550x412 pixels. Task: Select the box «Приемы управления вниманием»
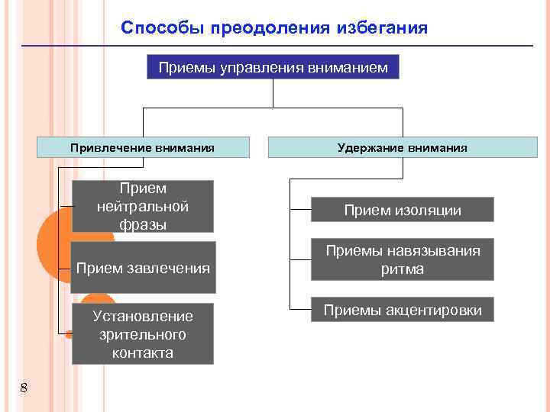click(x=273, y=68)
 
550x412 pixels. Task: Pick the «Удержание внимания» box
click(x=403, y=147)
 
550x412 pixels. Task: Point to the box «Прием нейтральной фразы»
click(x=143, y=206)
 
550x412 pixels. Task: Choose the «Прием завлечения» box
click(x=143, y=267)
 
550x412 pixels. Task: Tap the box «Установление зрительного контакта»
click(x=143, y=334)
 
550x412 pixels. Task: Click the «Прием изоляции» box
click(x=403, y=210)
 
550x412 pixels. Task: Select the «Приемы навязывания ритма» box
click(x=403, y=259)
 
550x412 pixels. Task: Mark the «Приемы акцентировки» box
click(x=403, y=310)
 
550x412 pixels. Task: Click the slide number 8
click(x=24, y=388)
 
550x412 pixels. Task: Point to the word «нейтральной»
click(x=143, y=206)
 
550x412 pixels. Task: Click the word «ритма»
click(x=403, y=269)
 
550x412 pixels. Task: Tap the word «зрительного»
click(x=143, y=334)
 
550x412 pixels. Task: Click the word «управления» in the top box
click(x=261, y=68)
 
